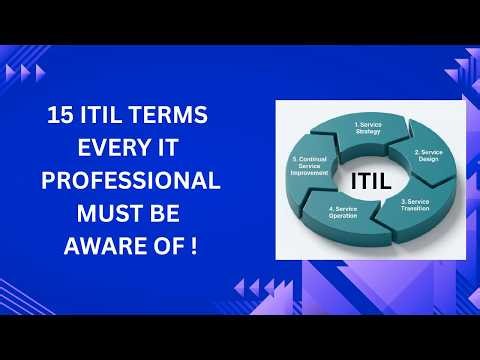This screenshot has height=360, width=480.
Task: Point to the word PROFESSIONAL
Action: (129, 182)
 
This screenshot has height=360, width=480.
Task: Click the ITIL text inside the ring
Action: (372, 181)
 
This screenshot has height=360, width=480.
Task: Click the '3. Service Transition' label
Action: (416, 204)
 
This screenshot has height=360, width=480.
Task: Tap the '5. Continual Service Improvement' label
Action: (310, 165)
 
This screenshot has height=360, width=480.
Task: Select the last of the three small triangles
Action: (40, 72)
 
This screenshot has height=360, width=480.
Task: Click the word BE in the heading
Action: (167, 214)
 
